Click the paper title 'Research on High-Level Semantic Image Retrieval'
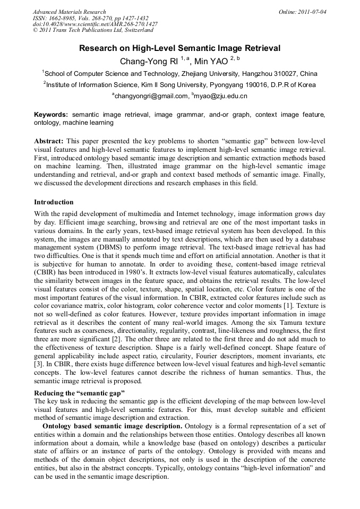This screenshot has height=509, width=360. (x=179, y=48)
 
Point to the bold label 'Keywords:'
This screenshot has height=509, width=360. (x=51, y=115)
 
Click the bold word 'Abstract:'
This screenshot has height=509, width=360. (x=49, y=142)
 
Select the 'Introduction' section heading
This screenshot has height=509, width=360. (x=54, y=202)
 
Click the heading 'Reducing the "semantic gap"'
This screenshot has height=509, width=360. (x=79, y=393)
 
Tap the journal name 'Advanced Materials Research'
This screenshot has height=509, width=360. (x=69, y=12)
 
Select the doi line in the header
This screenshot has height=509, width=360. (x=95, y=24)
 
